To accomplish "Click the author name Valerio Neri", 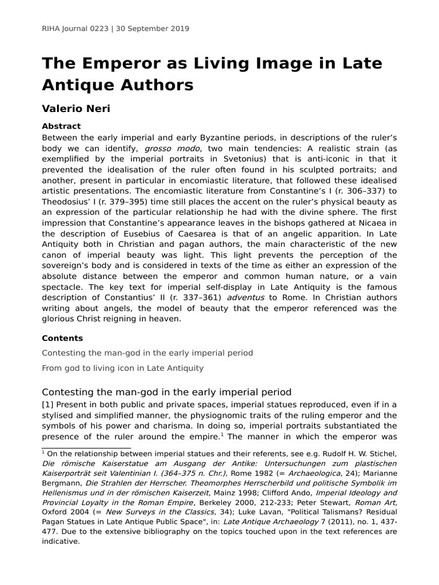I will (75, 109).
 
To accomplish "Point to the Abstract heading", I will (61, 126).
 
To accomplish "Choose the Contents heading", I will (62, 338).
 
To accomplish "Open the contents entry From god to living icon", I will (122, 368).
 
